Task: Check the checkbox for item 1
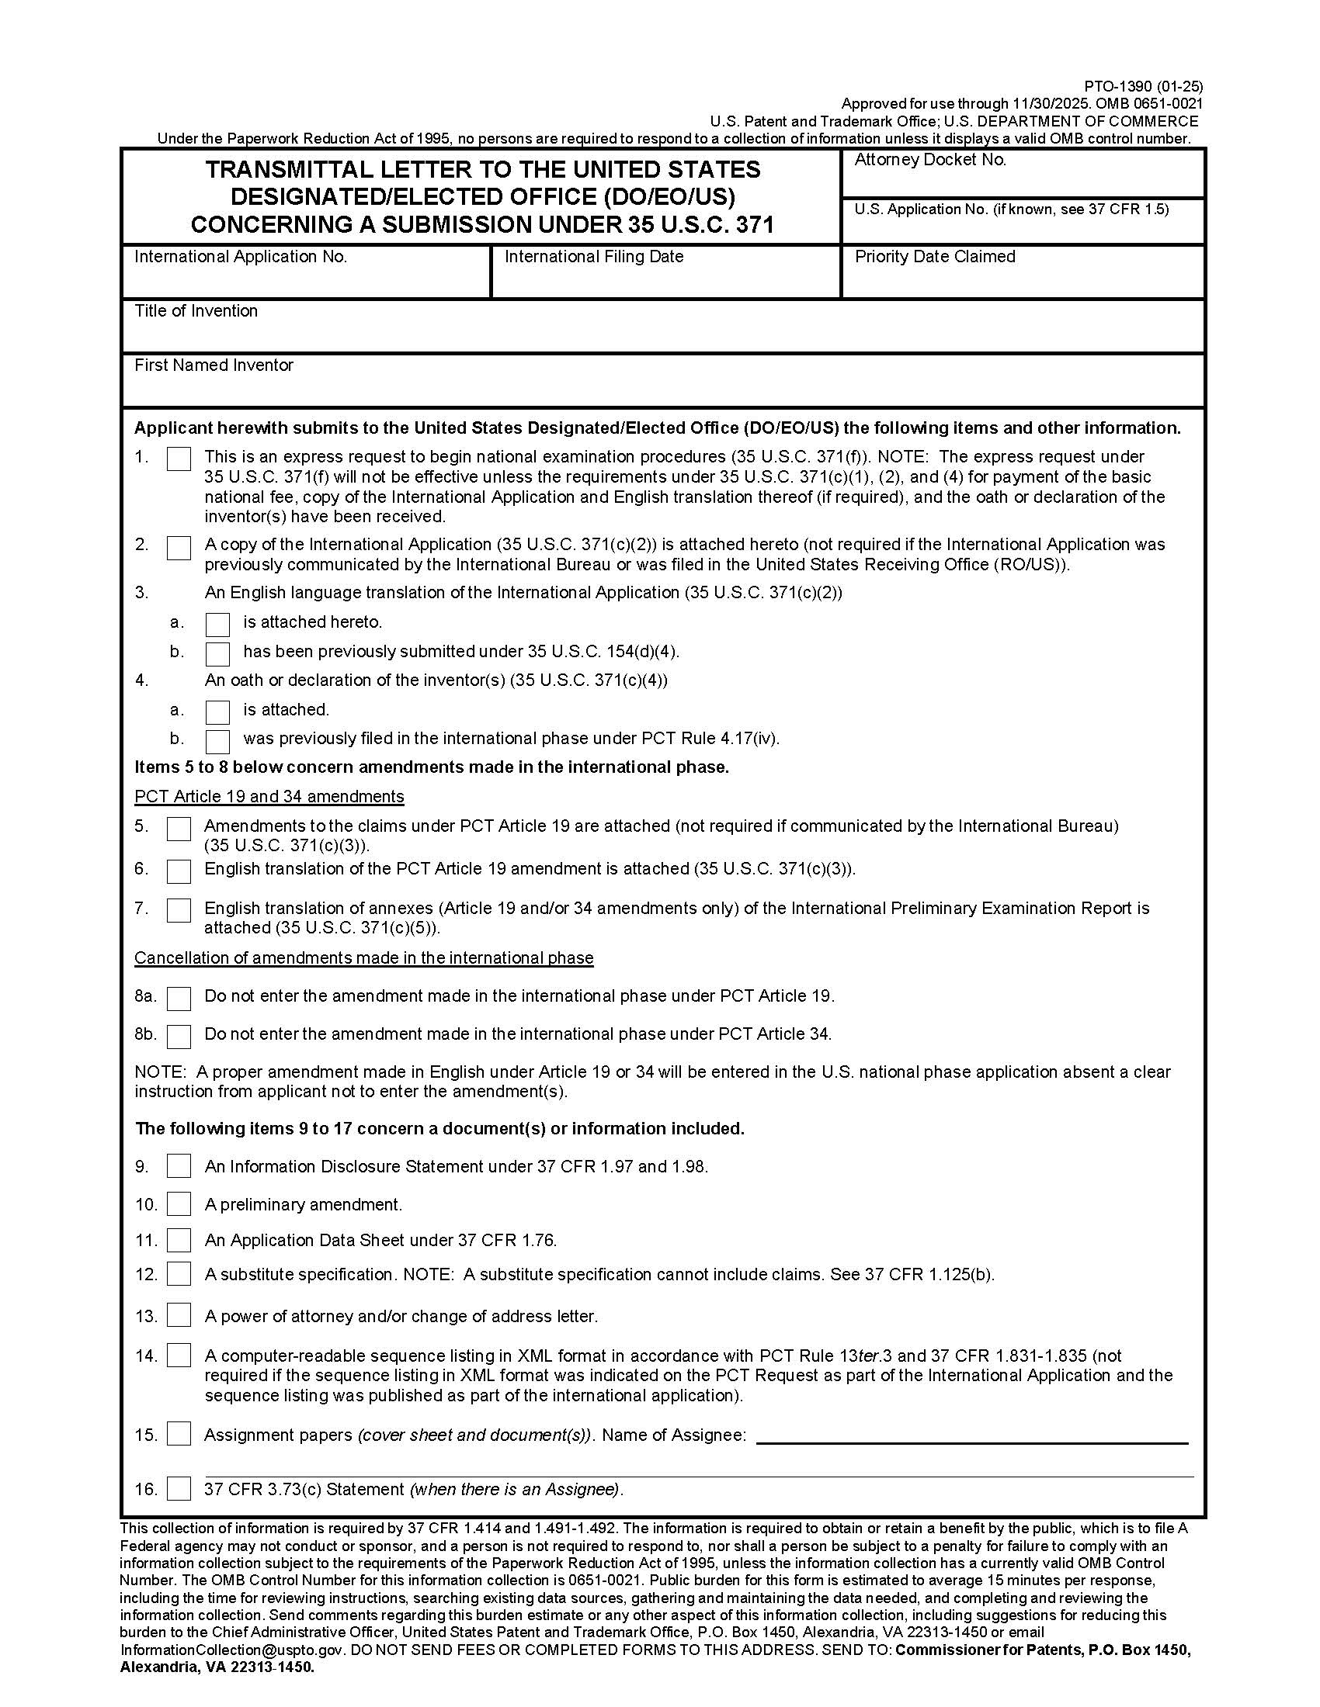[179, 459]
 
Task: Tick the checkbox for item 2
[179, 547]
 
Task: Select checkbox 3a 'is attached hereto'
[217, 624]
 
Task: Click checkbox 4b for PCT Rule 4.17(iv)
[217, 740]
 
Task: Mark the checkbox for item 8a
[179, 998]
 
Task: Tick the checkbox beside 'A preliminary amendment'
[179, 1203]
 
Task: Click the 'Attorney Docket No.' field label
[929, 161]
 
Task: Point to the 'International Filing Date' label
[593, 257]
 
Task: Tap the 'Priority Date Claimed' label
[934, 257]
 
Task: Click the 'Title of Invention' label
[196, 311]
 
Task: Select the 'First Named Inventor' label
[214, 365]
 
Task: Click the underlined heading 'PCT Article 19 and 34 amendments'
[269, 796]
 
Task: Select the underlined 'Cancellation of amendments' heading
[363, 957]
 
